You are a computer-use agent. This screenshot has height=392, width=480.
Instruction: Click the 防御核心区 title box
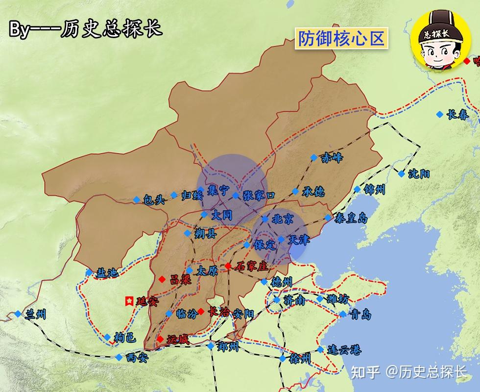click(341, 38)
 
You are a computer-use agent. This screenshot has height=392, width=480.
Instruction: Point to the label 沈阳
click(420, 174)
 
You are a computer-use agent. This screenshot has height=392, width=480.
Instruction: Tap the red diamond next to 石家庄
click(228, 266)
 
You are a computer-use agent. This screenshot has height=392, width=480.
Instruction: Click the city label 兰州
click(35, 314)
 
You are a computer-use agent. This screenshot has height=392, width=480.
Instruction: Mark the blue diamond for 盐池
click(89, 272)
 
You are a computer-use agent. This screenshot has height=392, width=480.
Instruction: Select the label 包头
click(153, 200)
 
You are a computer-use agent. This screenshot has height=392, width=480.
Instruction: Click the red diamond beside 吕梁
click(162, 279)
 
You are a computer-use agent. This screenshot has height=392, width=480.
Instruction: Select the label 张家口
click(259, 195)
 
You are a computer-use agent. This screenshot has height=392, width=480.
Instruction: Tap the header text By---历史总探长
click(85, 29)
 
